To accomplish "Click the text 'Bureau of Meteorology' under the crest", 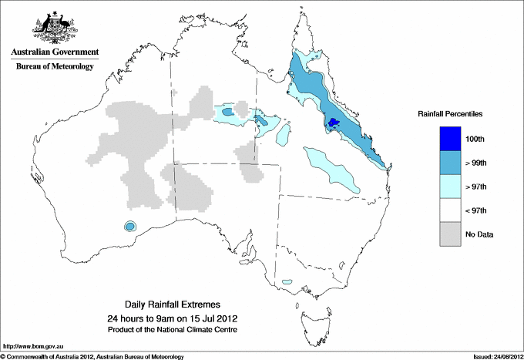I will tap(55, 66).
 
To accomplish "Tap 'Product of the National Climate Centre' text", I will tap(172, 329).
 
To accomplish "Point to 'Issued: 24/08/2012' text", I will tap(498, 356).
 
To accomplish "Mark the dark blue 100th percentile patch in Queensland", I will tap(334, 123).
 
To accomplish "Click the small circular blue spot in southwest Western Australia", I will tap(130, 226).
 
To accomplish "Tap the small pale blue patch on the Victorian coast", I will tap(290, 282).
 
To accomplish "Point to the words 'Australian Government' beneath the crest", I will tap(55, 52).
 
